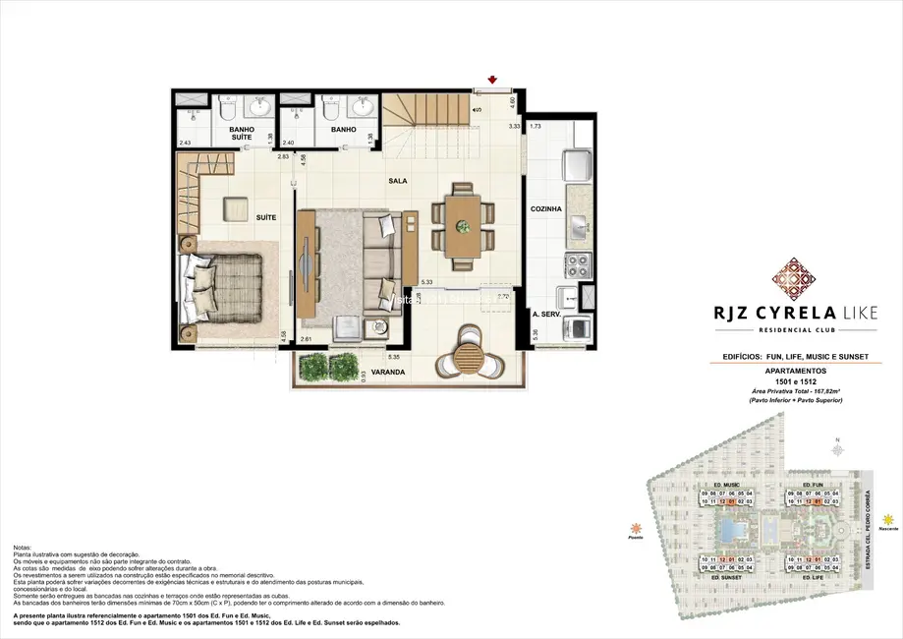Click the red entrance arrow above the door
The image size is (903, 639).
(492, 81)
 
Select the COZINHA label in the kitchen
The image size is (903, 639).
(545, 209)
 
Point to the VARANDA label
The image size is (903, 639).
(375, 374)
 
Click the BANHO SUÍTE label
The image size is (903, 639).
(242, 134)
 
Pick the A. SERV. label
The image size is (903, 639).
(545, 315)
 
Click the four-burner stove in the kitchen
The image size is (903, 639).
(576, 263)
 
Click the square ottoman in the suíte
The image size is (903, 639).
(235, 208)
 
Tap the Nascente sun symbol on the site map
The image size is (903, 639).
(888, 518)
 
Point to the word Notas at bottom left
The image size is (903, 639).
(23, 547)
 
